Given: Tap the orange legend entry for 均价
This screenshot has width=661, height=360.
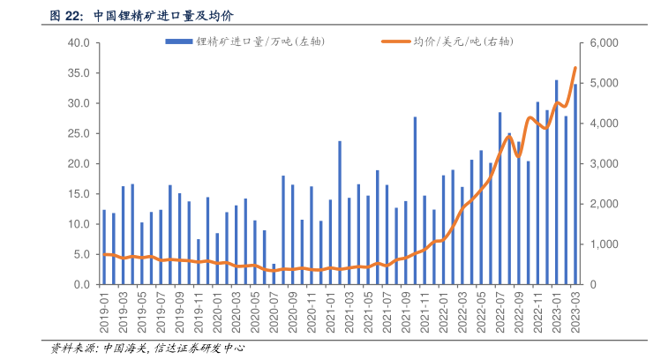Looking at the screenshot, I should click(x=450, y=42).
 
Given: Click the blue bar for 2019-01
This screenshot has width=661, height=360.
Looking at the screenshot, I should click(x=104, y=247).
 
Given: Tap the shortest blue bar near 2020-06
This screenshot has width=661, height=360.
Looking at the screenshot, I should click(x=274, y=274).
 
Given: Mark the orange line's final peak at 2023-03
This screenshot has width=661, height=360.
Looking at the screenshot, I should click(x=575, y=68).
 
